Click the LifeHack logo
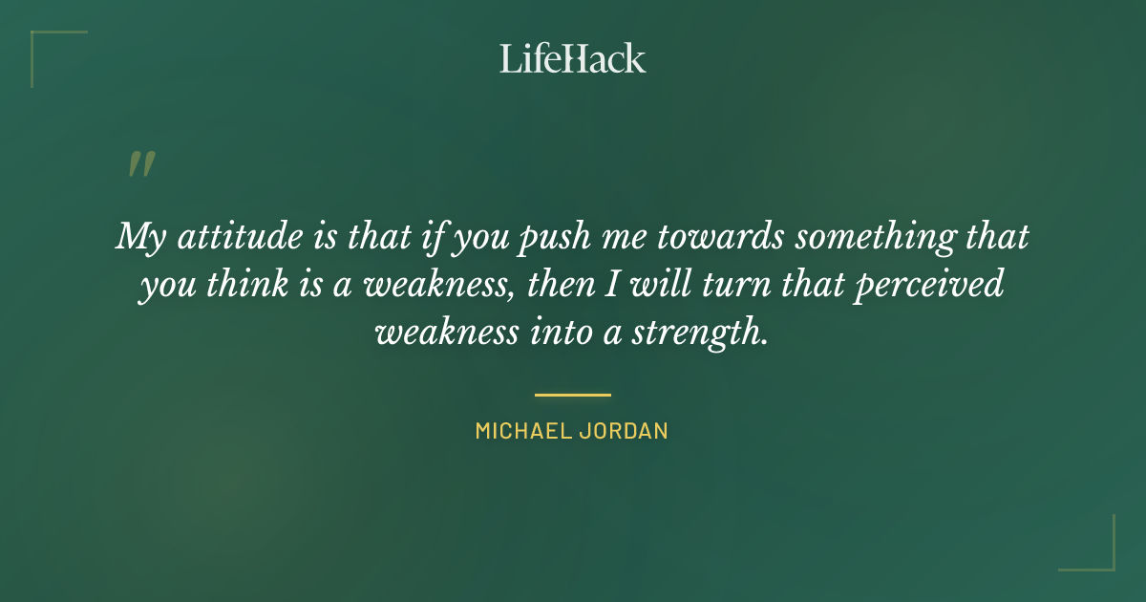[573, 59]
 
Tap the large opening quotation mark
[140, 164]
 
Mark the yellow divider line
[573, 394]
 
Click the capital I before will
[627, 285]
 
